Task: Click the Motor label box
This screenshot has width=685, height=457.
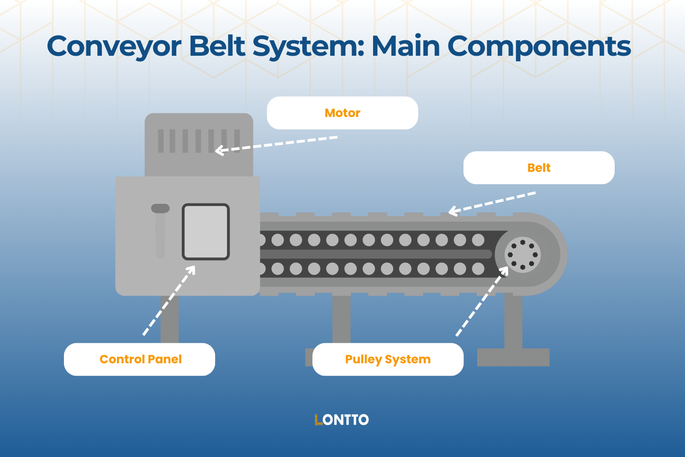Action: [x=342, y=113]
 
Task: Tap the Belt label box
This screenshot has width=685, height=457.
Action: [x=539, y=168]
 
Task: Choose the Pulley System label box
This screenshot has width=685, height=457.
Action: [x=388, y=359]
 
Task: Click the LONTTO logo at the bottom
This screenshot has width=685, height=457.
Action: [x=342, y=420]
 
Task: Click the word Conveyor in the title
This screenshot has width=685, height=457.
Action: [x=114, y=47]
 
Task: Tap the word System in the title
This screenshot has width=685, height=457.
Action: [x=308, y=47]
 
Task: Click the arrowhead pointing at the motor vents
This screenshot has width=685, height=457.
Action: [x=219, y=150]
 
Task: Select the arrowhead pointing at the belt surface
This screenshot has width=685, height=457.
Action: [x=452, y=211]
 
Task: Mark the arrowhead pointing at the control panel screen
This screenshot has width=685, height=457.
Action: [x=191, y=269]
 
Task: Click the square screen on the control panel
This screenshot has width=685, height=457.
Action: [x=205, y=232]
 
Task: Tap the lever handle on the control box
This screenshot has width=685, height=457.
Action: [x=160, y=209]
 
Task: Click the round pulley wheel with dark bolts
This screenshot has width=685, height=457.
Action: [x=522, y=255]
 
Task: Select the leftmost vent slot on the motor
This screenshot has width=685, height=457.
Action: [x=161, y=141]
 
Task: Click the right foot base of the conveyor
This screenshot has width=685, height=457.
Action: [x=513, y=357]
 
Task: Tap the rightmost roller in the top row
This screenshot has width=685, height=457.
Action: [x=478, y=240]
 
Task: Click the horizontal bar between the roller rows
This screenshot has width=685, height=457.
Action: [x=374, y=254]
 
